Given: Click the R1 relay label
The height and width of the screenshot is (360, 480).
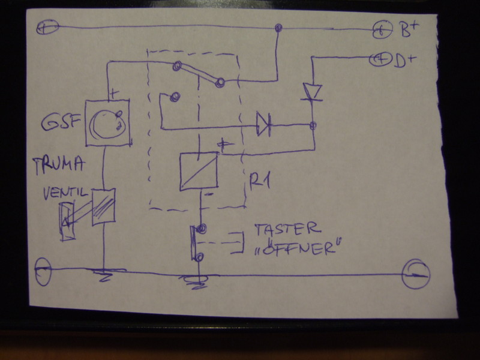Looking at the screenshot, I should [x=260, y=179].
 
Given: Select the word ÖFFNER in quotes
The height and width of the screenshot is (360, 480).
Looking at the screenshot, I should [x=294, y=248].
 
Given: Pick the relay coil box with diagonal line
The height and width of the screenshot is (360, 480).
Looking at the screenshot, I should [x=199, y=171].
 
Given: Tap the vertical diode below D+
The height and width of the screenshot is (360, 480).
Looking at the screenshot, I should [x=313, y=92].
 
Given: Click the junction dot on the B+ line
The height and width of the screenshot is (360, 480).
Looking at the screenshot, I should [x=278, y=28].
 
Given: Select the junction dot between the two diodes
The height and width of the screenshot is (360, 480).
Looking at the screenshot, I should [x=313, y=125].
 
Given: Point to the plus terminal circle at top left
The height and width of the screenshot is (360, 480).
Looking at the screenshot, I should [x=47, y=28].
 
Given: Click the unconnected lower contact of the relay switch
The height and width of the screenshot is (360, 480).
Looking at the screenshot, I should [x=175, y=97].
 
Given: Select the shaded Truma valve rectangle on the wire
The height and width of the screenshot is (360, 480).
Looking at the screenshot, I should [x=103, y=207].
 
